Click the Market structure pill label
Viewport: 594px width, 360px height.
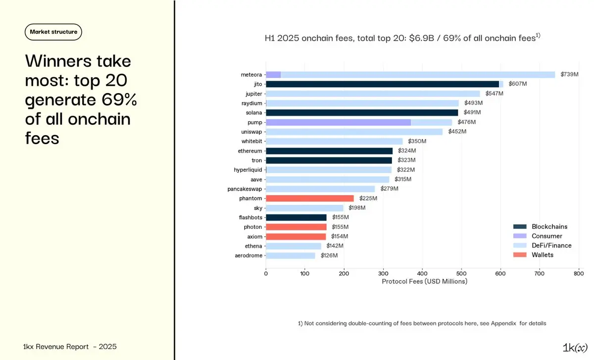click(x=53, y=32)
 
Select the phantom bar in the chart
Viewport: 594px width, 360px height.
click(x=310, y=198)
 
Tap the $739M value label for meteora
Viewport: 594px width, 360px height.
click(x=569, y=74)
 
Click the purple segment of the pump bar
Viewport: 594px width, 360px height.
click(x=338, y=122)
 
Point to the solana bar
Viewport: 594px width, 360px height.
click(x=362, y=112)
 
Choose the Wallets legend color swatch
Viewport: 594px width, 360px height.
click(x=519, y=255)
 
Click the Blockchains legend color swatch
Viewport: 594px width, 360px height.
click(x=519, y=226)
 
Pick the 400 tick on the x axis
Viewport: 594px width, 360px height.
click(x=422, y=273)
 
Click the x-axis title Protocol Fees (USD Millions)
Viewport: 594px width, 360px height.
click(x=424, y=281)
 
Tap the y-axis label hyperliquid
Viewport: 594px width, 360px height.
click(x=248, y=170)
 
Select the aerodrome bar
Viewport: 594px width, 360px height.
click(x=291, y=256)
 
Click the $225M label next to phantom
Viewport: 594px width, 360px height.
click(x=368, y=198)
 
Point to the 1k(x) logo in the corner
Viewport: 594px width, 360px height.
click(x=575, y=347)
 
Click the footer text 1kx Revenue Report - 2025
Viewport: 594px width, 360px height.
click(x=70, y=347)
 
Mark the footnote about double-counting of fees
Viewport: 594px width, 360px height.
click(x=422, y=323)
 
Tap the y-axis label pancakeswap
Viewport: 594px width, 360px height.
click(x=245, y=189)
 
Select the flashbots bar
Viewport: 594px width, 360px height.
click(x=296, y=217)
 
